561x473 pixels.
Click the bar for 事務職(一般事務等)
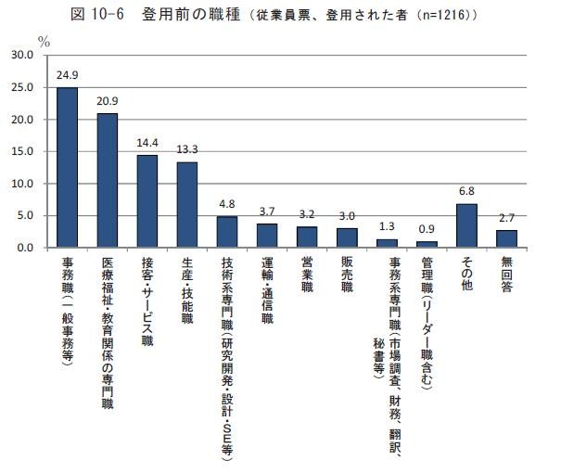coord(68,168)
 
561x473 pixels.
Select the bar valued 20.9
coord(108,181)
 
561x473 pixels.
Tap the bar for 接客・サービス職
coord(147,201)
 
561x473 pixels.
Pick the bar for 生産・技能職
coord(187,205)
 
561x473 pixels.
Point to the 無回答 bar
coord(506,238)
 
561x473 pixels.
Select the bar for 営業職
coord(307,237)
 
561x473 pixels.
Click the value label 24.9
coord(68,73)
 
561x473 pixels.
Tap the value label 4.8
coord(227,202)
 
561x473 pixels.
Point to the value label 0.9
coord(427,227)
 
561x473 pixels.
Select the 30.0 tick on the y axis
coord(20,56)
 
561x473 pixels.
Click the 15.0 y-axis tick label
coord(20,152)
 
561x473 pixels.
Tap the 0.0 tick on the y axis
coord(23,249)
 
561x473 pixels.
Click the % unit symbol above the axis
coord(43,41)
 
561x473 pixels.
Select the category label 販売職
coord(347,274)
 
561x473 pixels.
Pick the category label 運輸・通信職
coord(267,292)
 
